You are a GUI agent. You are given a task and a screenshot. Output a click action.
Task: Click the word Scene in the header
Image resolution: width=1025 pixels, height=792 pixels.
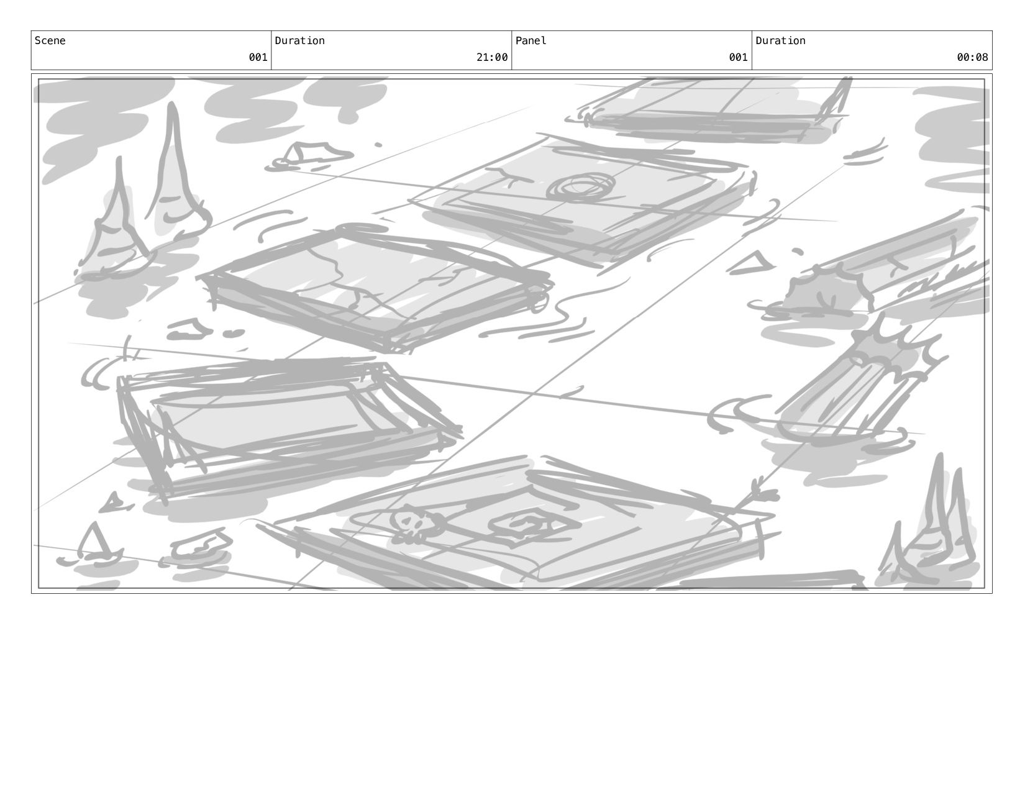pyautogui.click(x=50, y=41)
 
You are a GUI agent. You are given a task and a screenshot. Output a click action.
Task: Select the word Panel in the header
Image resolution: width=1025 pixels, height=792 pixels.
pyautogui.click(x=531, y=41)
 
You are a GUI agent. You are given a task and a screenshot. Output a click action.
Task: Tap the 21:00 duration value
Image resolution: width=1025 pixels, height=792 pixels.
pyautogui.click(x=492, y=58)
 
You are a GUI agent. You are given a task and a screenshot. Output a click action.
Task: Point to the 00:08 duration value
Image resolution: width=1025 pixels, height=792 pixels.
pyautogui.click(x=972, y=58)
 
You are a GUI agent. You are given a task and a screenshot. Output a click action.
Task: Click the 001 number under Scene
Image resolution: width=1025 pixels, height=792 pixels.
pyautogui.click(x=258, y=58)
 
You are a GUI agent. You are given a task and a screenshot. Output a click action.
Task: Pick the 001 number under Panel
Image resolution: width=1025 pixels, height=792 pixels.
pyautogui.click(x=738, y=58)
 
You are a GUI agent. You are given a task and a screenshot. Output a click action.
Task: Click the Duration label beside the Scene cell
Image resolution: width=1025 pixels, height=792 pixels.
pyautogui.click(x=299, y=41)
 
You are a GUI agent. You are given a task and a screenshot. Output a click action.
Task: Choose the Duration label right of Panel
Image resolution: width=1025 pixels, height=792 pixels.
pyautogui.click(x=780, y=41)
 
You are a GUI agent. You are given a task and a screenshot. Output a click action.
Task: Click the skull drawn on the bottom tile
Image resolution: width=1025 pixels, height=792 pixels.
pyautogui.click(x=411, y=525)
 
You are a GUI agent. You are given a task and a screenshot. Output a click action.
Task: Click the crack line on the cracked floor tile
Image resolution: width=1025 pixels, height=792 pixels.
pyautogui.click(x=348, y=273)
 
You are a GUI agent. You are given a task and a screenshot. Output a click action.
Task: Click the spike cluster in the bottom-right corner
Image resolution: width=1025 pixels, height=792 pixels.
pyautogui.click(x=932, y=528)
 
